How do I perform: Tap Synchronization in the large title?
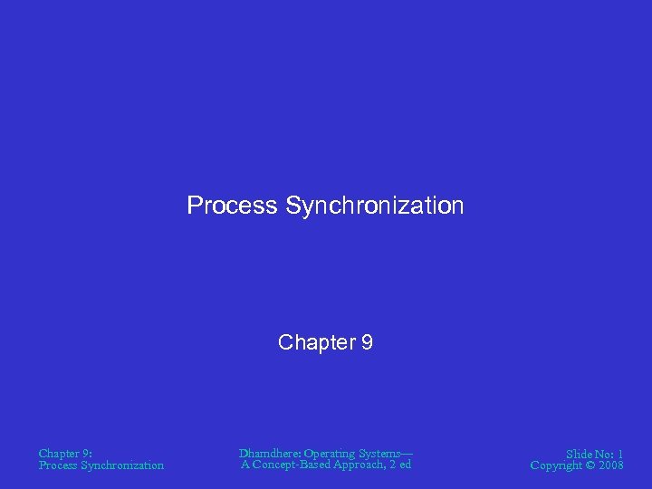click(x=374, y=206)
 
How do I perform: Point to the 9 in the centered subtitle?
click(x=367, y=342)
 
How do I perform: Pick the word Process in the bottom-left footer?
click(x=58, y=465)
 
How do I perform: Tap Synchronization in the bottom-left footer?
click(x=122, y=465)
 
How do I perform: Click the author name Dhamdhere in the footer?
click(x=269, y=453)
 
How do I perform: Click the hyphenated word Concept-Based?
click(x=292, y=465)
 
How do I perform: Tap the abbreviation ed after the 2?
click(x=405, y=465)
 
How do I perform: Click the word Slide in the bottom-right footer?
click(x=580, y=454)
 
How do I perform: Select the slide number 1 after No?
click(x=620, y=454)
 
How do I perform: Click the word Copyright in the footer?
click(x=557, y=465)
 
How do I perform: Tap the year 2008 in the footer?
click(x=611, y=465)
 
